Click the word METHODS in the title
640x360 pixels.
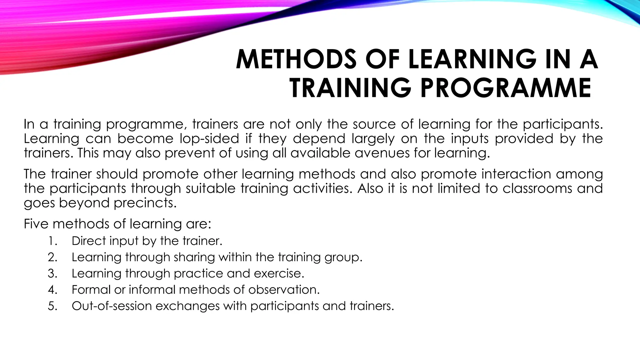296,59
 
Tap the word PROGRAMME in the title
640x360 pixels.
505,88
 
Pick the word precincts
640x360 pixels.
145,203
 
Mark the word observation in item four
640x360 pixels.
284,290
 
